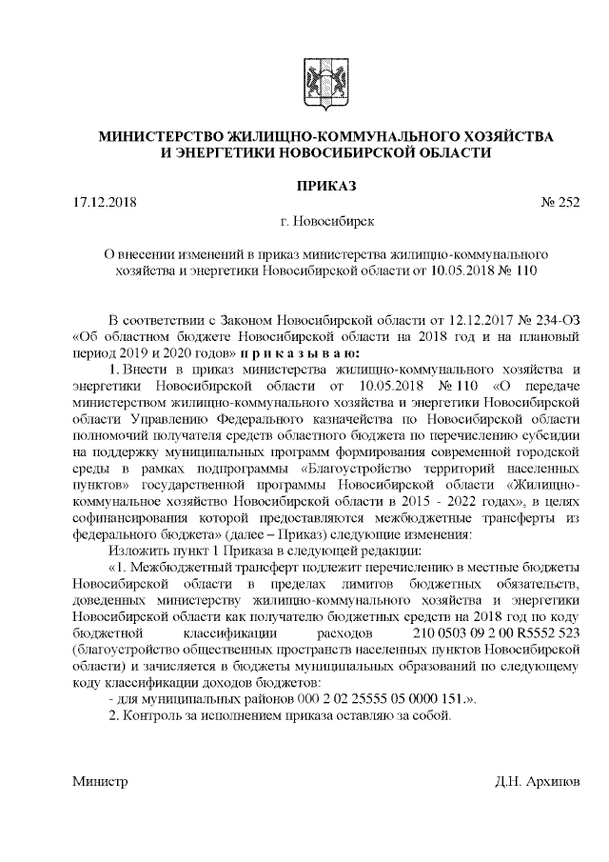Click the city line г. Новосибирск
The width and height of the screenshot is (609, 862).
click(x=327, y=221)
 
